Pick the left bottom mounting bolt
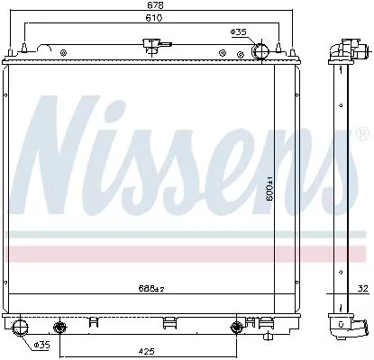tap(60, 326)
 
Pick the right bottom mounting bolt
tap(238, 326)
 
